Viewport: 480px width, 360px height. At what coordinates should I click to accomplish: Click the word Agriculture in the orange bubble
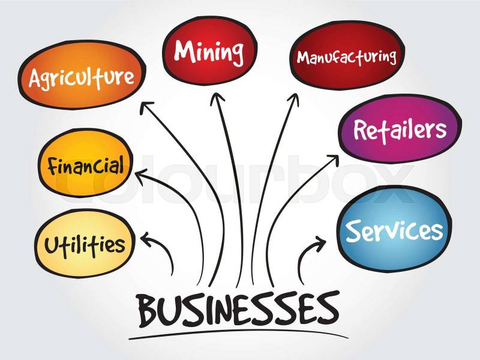coord(82,77)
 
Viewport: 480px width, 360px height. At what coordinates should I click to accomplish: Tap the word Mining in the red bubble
coord(209,52)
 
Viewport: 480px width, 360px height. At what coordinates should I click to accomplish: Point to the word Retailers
coord(400,130)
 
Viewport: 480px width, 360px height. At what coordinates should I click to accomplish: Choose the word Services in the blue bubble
coord(394,231)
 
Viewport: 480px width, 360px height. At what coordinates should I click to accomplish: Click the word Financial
coord(86,166)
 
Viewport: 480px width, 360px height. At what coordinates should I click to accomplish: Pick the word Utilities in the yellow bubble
coord(85,245)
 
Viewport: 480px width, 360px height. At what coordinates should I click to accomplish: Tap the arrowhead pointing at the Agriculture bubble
coord(146,108)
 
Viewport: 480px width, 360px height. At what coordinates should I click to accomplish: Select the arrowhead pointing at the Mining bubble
coord(217,98)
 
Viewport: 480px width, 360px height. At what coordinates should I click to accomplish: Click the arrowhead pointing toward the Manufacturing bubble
coord(293,99)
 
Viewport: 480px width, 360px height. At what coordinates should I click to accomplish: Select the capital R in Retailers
coord(361,130)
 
